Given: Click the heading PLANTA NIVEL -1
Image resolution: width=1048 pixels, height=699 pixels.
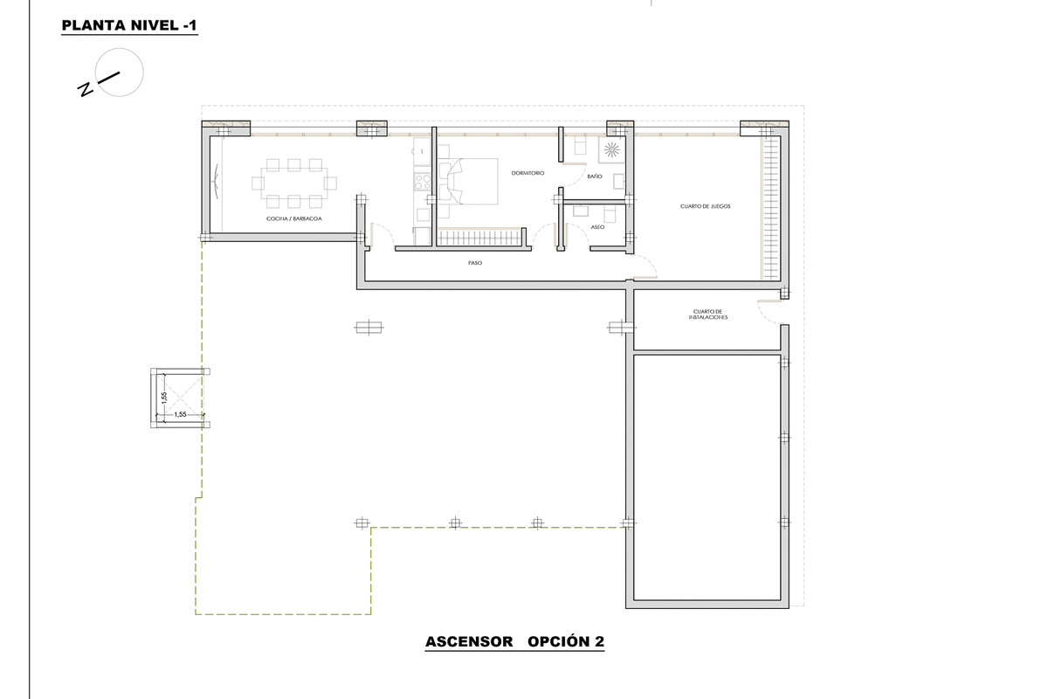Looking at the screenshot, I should coord(129,27).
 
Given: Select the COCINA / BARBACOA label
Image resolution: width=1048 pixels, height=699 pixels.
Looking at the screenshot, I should coord(294,220).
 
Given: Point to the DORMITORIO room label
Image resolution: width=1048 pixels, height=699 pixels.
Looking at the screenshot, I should coord(527,173).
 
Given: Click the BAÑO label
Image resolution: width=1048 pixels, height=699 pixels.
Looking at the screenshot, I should coord(595,176).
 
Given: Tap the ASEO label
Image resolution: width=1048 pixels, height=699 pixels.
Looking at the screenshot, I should coord(597,226).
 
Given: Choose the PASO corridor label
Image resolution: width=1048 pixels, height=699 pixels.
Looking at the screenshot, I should coord(475,262).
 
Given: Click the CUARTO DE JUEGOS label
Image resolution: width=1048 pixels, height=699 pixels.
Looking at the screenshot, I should coord(705,206).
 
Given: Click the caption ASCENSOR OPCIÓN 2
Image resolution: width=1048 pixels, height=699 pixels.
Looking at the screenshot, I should coord(514,642).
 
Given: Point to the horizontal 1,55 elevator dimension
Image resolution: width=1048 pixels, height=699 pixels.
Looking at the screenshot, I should coord(180,414).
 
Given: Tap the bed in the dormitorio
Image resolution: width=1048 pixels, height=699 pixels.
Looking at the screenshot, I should coord(473,180).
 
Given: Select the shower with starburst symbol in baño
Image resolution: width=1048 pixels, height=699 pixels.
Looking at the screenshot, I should coord(610,149).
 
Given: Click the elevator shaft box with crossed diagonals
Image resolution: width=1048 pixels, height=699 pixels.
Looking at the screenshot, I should coord(182,398).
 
